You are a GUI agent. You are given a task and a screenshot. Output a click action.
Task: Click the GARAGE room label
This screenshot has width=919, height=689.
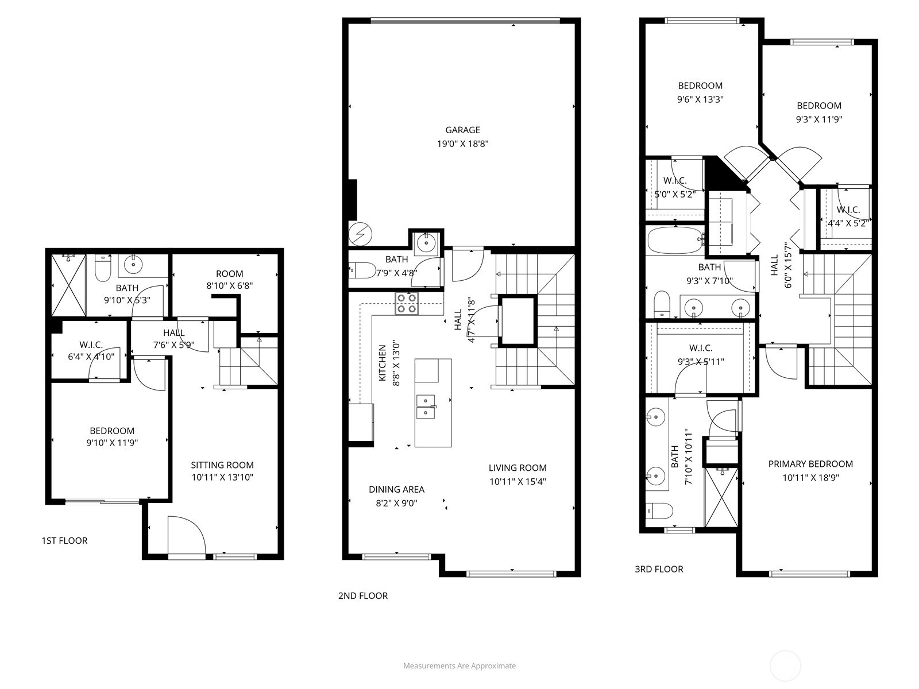point(462,130)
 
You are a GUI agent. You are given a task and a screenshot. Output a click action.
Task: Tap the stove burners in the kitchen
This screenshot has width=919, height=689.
point(406,303)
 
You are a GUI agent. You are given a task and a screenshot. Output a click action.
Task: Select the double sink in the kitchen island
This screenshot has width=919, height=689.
point(426,405)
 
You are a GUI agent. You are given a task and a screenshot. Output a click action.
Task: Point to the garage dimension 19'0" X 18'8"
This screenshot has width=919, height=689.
point(462,144)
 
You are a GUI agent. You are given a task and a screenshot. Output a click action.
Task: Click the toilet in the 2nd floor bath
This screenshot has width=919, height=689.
point(358,270)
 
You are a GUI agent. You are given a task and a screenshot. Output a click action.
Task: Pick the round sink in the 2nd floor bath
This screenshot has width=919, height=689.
point(427,242)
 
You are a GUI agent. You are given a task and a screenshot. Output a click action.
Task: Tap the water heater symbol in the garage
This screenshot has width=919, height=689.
point(360,234)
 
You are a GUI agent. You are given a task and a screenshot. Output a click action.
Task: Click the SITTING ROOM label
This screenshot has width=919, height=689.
point(222,465)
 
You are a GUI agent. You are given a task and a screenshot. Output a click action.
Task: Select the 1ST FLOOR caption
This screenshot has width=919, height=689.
point(64,540)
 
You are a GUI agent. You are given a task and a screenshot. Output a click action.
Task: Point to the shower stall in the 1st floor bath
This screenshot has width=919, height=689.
point(68,285)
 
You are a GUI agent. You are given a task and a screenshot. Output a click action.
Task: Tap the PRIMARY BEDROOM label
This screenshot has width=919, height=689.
point(810,464)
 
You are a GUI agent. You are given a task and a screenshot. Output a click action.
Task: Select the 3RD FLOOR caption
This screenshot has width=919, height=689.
point(659,569)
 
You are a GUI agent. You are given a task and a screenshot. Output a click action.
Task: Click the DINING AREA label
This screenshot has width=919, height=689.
point(396,489)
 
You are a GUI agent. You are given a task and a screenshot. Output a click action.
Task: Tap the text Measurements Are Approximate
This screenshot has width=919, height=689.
point(459,666)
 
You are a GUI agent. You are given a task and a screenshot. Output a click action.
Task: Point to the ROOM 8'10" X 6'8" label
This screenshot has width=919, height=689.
point(229,279)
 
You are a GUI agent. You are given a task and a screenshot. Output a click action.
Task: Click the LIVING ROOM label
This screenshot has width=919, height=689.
point(518,468)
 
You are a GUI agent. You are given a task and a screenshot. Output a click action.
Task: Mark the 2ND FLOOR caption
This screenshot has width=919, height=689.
point(362,595)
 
